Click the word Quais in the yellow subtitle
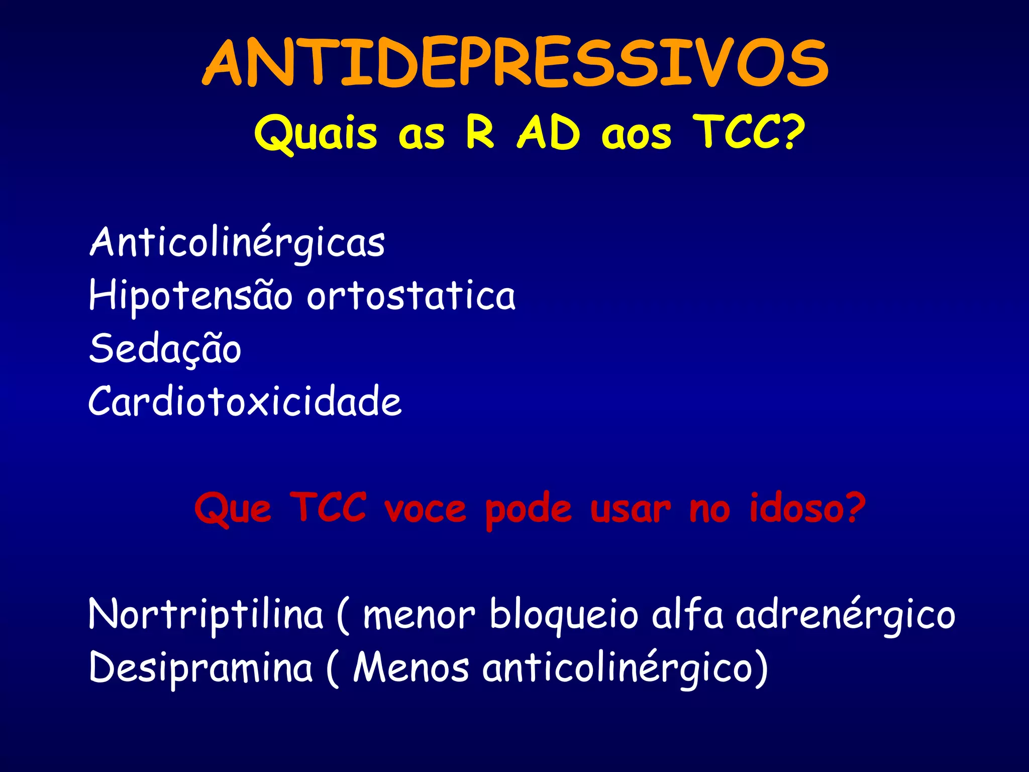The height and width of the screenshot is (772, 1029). [x=316, y=133]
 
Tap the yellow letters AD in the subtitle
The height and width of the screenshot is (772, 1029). [x=549, y=133]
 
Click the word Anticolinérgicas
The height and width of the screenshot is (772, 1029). [x=237, y=243]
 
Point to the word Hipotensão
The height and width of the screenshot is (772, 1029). [x=190, y=296]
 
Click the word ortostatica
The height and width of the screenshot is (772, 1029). [x=411, y=296]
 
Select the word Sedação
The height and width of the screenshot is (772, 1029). [x=165, y=349]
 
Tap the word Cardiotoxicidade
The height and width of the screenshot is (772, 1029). [x=245, y=402]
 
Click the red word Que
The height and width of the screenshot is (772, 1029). [x=233, y=509]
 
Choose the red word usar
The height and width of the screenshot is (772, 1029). [x=630, y=509]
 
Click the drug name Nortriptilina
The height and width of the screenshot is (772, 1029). [x=206, y=614]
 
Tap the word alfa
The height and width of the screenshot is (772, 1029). [x=687, y=614]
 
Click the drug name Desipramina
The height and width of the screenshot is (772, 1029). [x=201, y=668]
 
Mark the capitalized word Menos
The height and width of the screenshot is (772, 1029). [x=411, y=668]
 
